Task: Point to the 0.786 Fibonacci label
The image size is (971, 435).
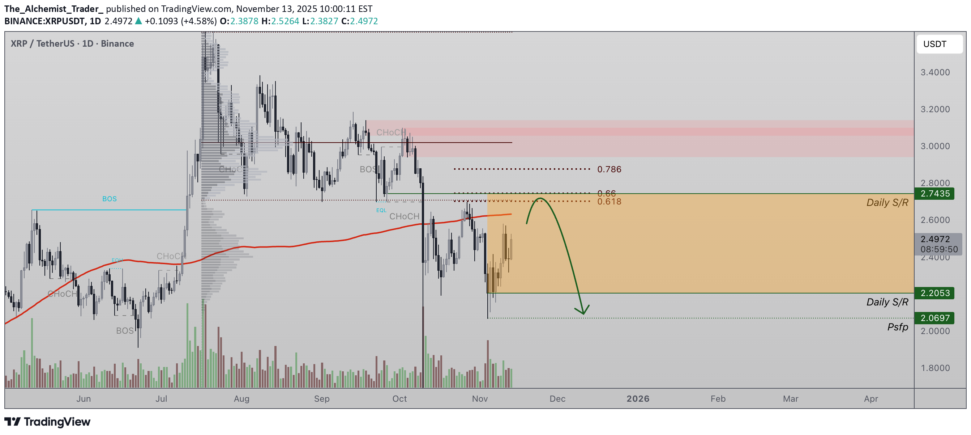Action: [609, 169]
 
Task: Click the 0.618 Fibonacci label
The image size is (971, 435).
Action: [609, 202]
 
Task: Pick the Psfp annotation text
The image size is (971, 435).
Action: [897, 327]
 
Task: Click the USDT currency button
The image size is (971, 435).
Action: [938, 44]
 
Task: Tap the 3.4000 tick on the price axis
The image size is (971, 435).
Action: [935, 72]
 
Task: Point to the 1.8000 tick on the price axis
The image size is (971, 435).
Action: [935, 368]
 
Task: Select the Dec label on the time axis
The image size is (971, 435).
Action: [557, 399]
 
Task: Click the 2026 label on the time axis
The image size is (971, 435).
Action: [637, 399]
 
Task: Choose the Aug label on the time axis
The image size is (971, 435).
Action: [241, 399]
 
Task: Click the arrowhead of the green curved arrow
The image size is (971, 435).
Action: [583, 312]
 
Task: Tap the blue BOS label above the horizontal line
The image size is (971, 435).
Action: [109, 199]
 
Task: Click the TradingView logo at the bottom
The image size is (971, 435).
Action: [47, 422]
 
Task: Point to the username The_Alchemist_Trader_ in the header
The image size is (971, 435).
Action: [53, 9]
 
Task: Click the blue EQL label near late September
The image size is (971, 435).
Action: [381, 211]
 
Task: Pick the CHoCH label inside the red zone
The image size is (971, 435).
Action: [390, 132]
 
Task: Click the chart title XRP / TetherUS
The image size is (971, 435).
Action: [72, 44]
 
